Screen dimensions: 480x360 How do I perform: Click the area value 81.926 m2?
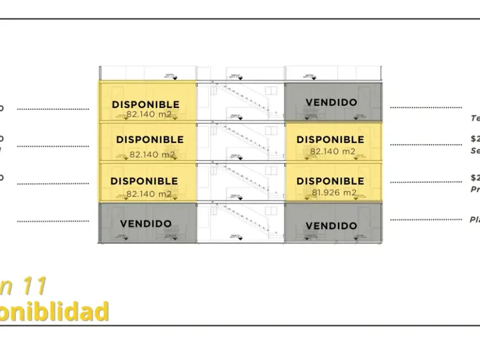(x=334, y=193)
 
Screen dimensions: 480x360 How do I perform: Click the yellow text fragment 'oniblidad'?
(x=54, y=312)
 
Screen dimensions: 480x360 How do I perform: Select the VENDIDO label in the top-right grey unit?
(x=331, y=103)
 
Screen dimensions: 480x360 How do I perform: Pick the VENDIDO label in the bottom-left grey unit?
(x=146, y=224)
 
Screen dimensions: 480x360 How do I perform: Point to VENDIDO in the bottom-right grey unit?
(x=331, y=226)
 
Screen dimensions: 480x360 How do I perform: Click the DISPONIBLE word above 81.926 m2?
(x=330, y=181)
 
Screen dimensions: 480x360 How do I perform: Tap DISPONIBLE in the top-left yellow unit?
(x=145, y=105)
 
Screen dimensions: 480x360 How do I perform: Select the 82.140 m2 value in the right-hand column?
(x=333, y=151)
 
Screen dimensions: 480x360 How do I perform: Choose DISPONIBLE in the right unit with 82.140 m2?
(x=330, y=139)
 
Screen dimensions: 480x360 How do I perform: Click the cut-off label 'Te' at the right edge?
(x=475, y=118)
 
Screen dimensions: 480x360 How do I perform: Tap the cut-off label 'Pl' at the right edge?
(x=474, y=219)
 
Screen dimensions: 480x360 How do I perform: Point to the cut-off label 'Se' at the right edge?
(x=475, y=151)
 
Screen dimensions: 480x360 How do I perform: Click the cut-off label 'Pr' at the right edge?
(x=475, y=189)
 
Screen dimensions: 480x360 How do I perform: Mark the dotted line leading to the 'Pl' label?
(x=426, y=219)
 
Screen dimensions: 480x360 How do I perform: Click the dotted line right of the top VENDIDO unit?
(x=426, y=107)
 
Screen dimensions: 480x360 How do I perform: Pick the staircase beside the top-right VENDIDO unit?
(x=241, y=101)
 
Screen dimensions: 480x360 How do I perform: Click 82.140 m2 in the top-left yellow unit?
(x=149, y=114)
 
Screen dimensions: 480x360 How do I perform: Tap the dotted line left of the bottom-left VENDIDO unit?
(x=53, y=221)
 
